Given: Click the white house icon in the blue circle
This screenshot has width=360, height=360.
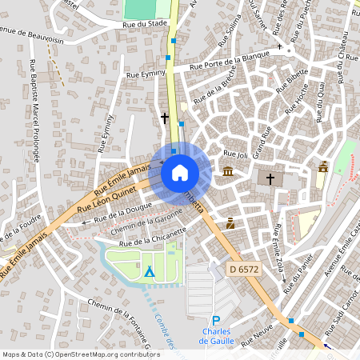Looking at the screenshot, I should click(x=180, y=173).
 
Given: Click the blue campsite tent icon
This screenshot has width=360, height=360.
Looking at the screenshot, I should click(x=149, y=272).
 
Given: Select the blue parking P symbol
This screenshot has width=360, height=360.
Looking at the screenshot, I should click(x=215, y=321).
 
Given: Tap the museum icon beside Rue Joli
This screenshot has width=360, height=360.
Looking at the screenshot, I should click(x=228, y=171).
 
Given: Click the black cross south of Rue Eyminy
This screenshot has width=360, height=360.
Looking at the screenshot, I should click(x=165, y=118).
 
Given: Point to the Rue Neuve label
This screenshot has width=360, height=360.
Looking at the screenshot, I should click(x=257, y=340).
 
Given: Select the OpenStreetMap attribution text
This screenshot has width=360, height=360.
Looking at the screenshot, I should click(x=81, y=354).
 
